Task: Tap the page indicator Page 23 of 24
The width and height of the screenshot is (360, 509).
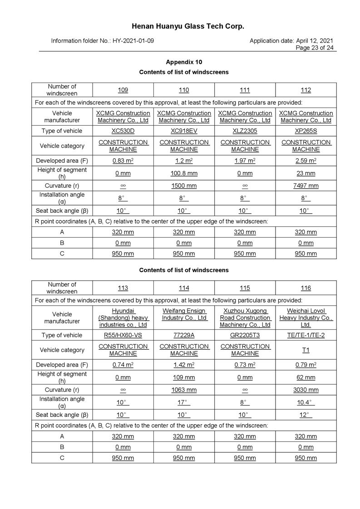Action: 315,48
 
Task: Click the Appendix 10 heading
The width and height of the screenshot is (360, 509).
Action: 184,62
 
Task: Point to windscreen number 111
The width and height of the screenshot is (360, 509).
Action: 245,90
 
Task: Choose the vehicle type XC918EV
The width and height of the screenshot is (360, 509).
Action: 184,131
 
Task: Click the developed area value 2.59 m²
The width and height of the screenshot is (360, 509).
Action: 306,161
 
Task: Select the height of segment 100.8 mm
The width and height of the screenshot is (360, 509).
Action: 184,173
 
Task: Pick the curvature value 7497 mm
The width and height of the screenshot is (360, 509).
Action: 306,186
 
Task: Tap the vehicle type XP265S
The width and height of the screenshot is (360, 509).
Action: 306,131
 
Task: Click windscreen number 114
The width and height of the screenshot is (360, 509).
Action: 184,288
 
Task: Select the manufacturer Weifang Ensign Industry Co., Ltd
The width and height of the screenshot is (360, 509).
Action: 184,314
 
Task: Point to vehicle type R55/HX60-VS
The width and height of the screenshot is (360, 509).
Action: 123,335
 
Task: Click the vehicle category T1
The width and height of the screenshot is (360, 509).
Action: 306,350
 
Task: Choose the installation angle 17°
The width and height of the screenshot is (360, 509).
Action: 184,403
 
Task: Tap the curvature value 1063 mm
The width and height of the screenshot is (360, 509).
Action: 184,390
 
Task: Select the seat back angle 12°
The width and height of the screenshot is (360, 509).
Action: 306,415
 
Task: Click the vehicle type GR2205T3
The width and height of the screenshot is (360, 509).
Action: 245,335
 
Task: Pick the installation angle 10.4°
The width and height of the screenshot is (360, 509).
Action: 306,403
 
